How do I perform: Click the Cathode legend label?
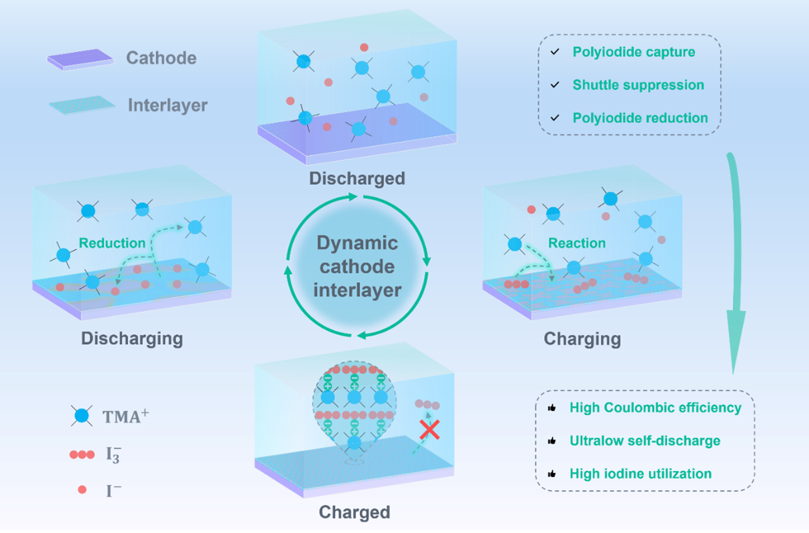pos(162,58)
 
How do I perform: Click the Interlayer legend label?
pos(167,105)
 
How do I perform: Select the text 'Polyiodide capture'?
pos(634,52)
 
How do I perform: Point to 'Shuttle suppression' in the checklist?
pos(638,85)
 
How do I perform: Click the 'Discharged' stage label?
pos(357,179)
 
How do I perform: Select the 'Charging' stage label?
pos(582,339)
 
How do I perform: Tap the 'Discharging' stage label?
pos(132,338)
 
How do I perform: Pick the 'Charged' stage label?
pos(354,512)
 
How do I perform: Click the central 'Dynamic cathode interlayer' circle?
pos(357,266)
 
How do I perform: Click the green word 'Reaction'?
pos(577,243)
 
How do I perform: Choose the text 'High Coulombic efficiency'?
pos(655,408)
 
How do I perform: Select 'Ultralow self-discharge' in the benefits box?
pos(645,441)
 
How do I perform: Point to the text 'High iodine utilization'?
pos(640,474)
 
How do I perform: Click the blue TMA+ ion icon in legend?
pos(82,416)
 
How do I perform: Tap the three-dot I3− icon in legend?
pos(82,455)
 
